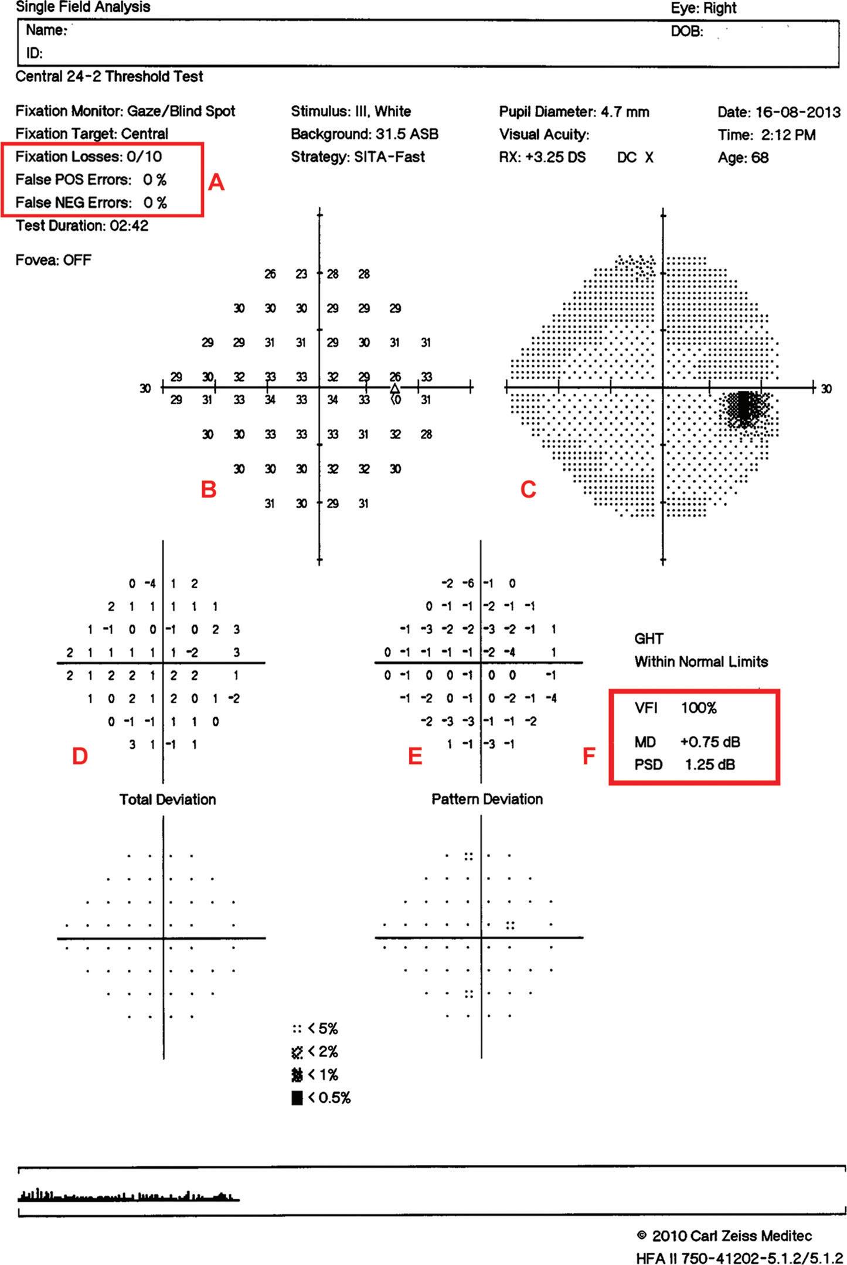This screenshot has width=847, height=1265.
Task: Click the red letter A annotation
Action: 216,183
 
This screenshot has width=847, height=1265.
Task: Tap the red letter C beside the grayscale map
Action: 528,490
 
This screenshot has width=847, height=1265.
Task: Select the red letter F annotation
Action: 589,756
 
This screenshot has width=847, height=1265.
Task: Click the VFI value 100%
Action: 699,708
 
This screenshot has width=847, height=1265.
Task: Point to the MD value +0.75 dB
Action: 710,742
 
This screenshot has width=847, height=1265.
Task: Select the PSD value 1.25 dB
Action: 710,765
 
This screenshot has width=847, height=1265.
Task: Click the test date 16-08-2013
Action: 798,112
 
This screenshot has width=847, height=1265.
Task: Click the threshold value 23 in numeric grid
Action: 301,274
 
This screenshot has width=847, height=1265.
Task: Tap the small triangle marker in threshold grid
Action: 394,388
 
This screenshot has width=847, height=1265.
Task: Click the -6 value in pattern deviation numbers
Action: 468,584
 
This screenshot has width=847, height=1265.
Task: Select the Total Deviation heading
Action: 168,799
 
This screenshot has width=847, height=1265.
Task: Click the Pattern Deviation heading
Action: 487,799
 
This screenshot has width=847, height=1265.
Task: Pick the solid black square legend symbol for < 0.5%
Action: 297,1097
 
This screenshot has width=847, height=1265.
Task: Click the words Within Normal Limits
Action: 701,662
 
